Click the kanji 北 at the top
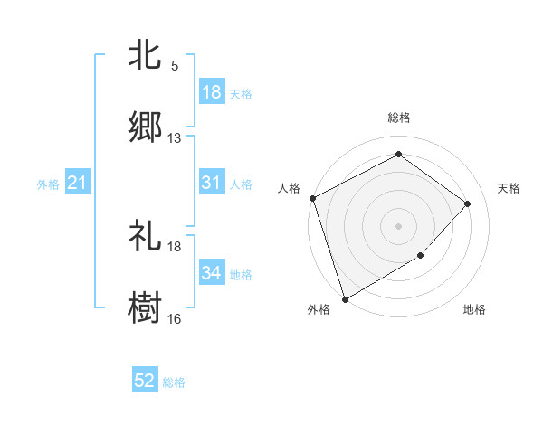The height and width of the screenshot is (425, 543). coord(145,55)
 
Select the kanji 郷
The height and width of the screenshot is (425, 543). coord(145,127)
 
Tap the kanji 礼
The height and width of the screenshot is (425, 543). coord(145,237)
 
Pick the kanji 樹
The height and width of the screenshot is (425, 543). coord(145,307)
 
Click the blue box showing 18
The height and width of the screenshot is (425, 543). coord(212,92)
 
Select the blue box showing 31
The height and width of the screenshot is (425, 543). coord(212,184)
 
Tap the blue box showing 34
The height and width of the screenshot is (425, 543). coord(212,274)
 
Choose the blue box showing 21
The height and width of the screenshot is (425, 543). coord(78,184)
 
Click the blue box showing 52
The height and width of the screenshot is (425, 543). coord(145,382)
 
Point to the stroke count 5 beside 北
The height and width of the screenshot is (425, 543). coord(175,65)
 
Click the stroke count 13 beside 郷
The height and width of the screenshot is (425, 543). coord(175,137)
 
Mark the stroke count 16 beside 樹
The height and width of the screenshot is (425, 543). coord(175,318)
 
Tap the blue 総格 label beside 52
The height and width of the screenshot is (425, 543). coord(174,382)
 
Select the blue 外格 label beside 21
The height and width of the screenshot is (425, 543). coord(48,184)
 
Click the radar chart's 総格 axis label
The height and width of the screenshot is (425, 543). coord(398,118)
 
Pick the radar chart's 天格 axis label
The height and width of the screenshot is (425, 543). coord(510,188)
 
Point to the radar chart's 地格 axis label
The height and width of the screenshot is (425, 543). coord(474,310)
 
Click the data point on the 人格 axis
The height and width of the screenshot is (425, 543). coord(312,198)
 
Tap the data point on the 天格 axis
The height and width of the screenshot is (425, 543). coord(468,203)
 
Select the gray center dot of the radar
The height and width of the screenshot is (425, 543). coord(398,226)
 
